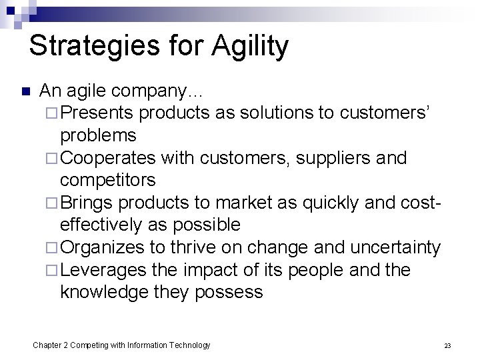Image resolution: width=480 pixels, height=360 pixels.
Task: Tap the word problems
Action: (98, 135)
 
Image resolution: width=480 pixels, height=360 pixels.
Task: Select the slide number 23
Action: (447, 345)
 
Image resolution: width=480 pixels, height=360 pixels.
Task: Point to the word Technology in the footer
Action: (189, 345)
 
